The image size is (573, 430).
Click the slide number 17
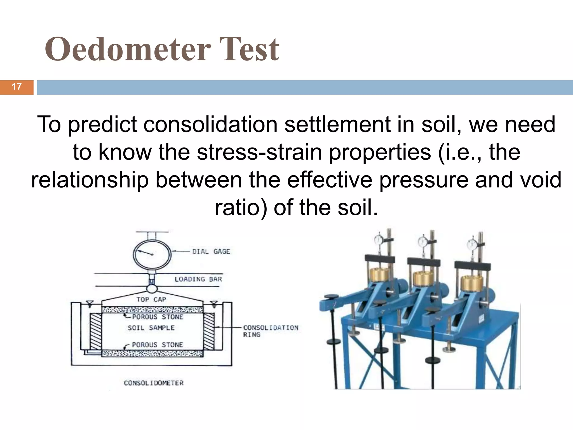[17, 87]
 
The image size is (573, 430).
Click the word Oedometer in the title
[128, 50]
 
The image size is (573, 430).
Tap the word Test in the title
[249, 50]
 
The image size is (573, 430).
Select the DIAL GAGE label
[211, 251]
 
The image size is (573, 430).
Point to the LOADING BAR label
[198, 279]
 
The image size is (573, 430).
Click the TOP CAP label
[151, 300]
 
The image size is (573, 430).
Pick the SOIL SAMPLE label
[151, 328]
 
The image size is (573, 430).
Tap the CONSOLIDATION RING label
[270, 331]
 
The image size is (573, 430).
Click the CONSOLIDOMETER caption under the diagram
[154, 383]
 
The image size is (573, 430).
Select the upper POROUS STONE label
[158, 317]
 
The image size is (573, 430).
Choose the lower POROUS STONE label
[157, 345]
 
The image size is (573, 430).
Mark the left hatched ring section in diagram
[95, 331]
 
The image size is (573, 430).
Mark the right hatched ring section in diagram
[209, 331]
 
